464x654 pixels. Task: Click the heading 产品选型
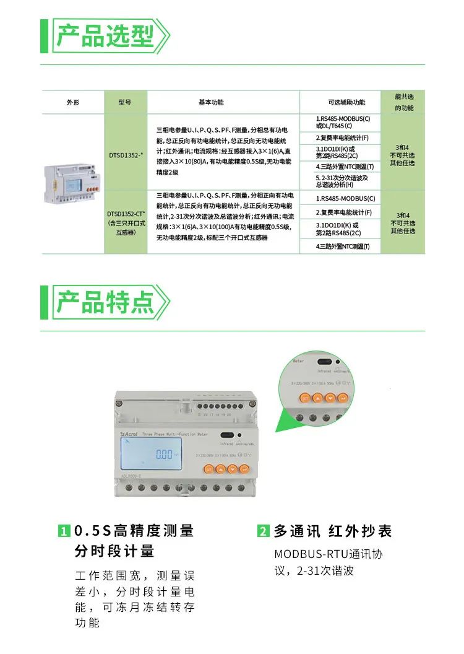105,36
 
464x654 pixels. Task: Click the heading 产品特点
105,302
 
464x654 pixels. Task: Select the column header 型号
125,102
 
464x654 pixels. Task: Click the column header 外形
73,102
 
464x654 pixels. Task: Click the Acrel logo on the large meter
129,435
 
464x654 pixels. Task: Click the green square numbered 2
264,531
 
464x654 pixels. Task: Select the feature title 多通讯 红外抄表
333,531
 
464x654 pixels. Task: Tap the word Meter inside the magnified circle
298,359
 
